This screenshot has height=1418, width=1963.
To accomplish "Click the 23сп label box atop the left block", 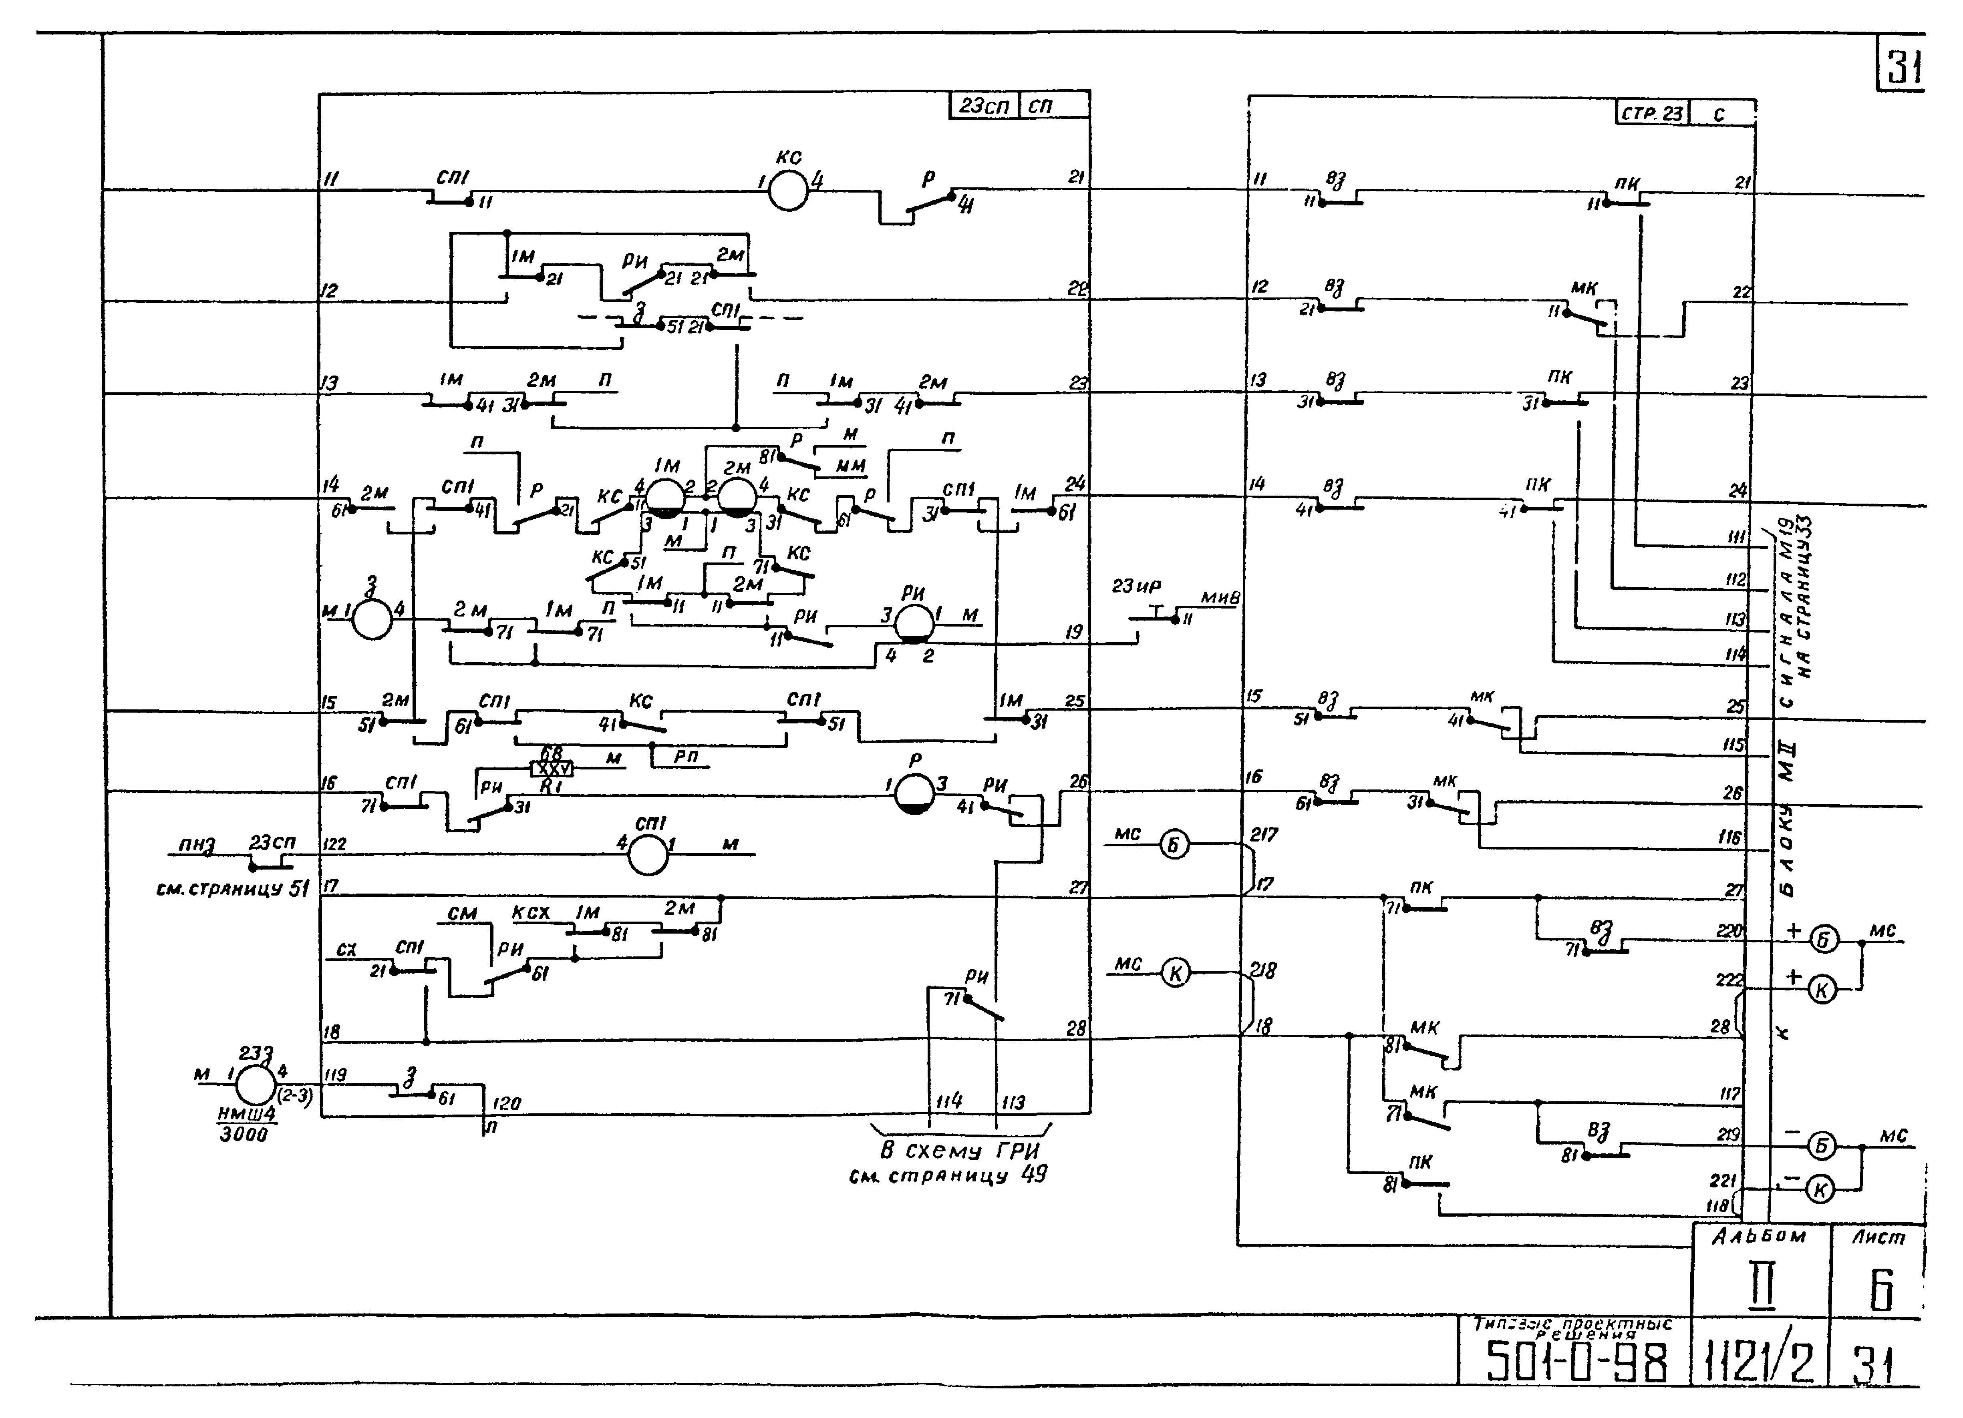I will point(984,106).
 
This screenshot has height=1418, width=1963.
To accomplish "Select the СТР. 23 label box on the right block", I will point(1651,113).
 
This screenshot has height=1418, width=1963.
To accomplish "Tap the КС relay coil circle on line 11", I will point(787,190).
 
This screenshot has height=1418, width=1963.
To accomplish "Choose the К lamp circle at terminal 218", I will point(1174,973).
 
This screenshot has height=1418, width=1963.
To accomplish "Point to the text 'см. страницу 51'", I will point(232,888).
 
